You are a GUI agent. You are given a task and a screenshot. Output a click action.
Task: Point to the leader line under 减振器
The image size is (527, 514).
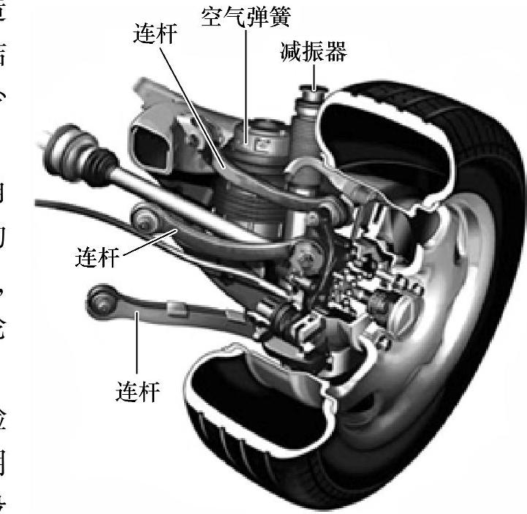coord(314,76)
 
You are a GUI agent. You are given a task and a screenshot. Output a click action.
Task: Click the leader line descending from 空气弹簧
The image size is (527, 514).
coord(246,80)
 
